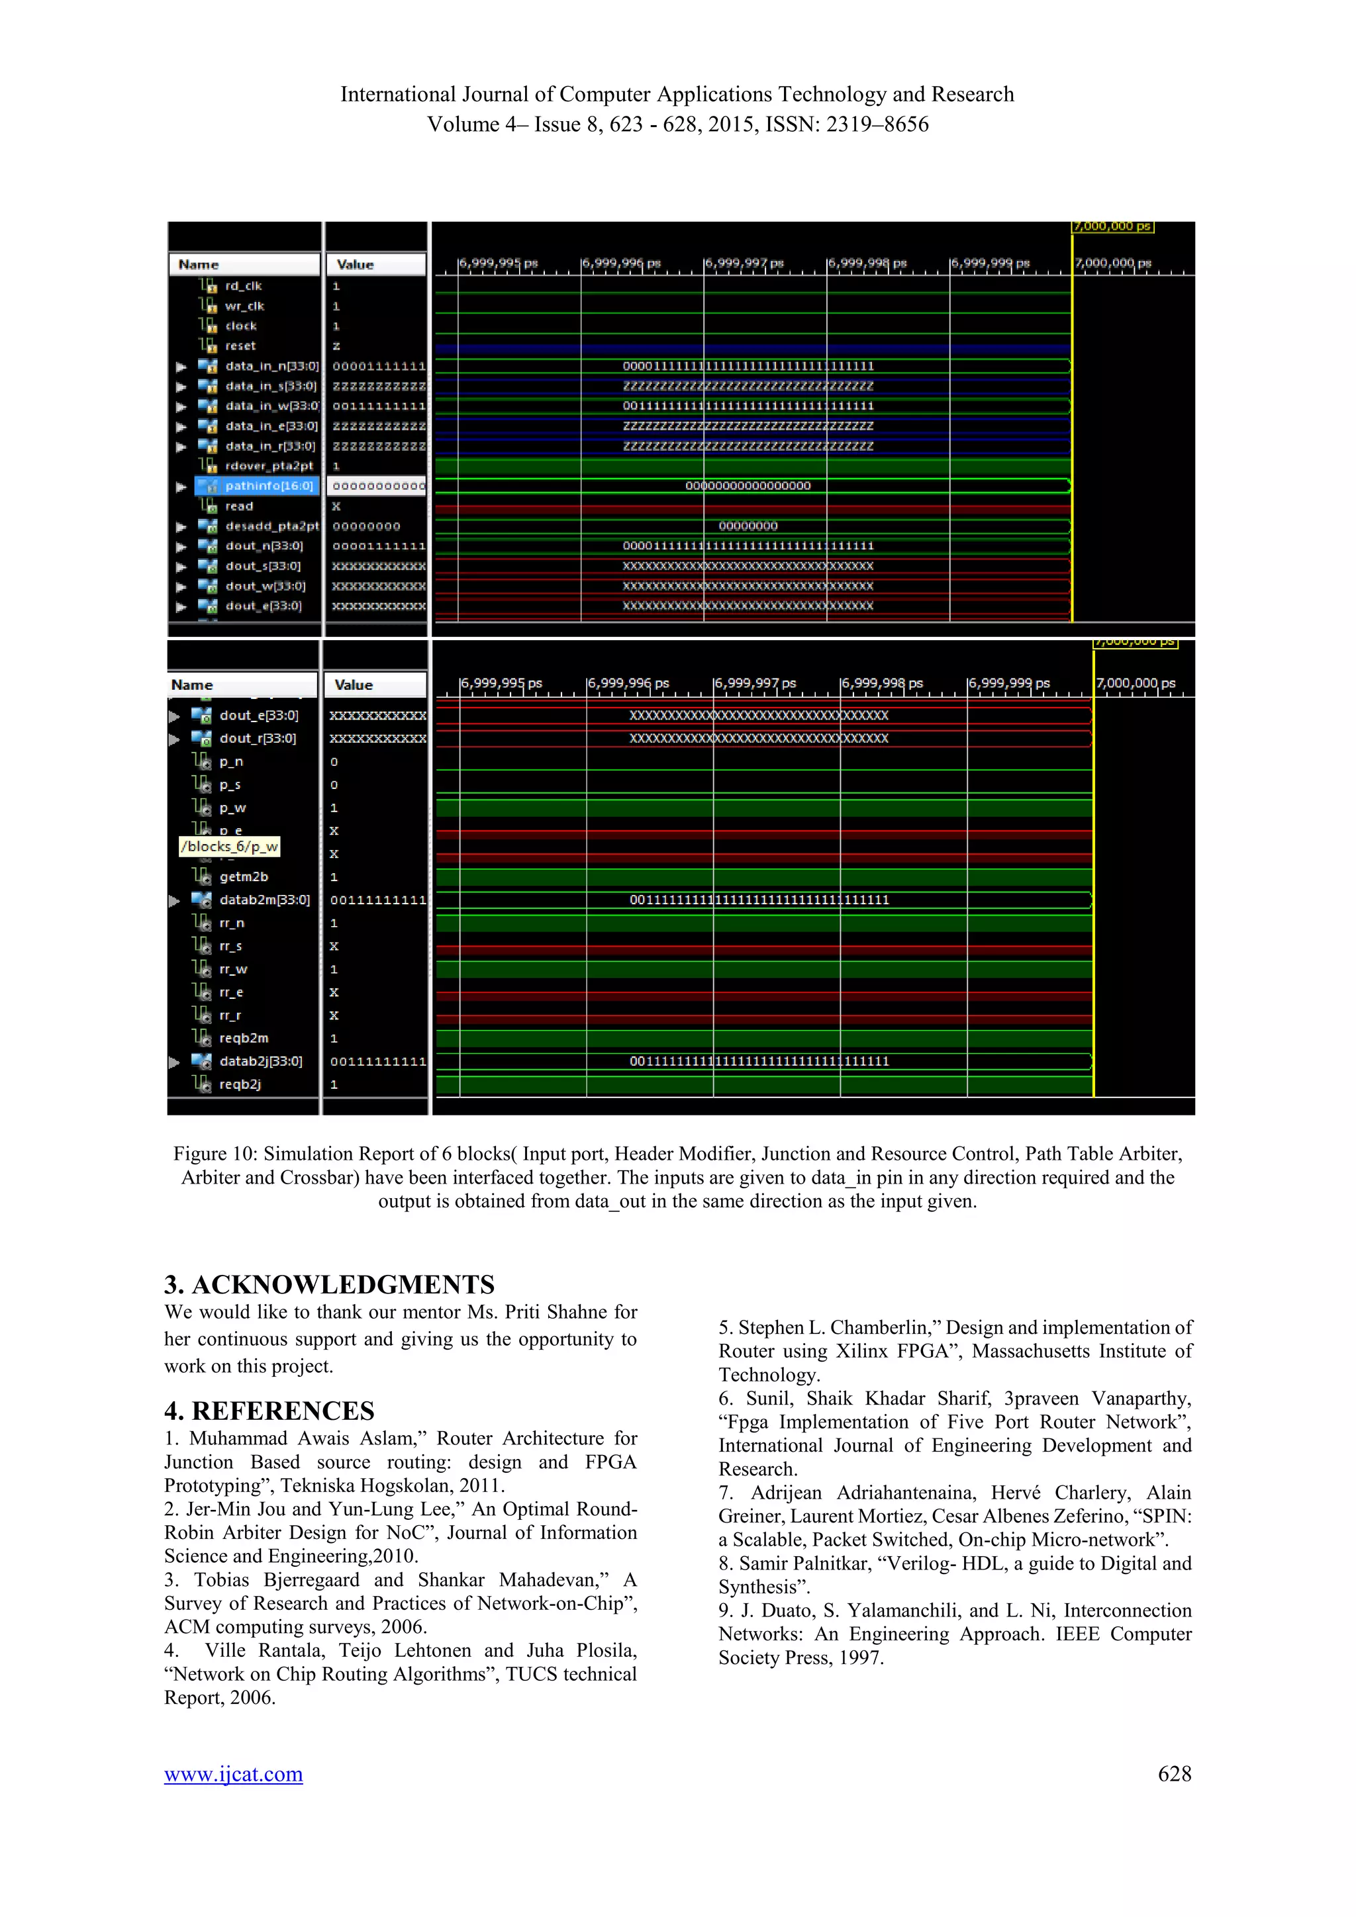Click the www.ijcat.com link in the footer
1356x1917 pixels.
pos(233,1774)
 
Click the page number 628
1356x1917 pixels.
pos(1174,1773)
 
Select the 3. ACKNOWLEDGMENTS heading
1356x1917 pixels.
pos(330,1284)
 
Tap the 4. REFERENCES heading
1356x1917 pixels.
pos(269,1410)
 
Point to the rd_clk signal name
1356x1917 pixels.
pos(243,285)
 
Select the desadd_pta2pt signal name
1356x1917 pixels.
pos(271,526)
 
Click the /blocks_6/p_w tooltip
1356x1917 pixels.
pos(230,847)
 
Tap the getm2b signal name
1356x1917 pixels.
pos(244,876)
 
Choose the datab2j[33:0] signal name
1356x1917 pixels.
pos(260,1061)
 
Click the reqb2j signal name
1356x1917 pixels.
pos(240,1084)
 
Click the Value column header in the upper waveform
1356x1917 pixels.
pos(356,265)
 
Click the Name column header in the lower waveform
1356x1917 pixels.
pos(192,684)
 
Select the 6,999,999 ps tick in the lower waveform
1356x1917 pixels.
pos(1008,683)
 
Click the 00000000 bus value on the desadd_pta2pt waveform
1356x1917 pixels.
pos(748,526)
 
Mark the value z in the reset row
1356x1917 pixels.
pos(336,346)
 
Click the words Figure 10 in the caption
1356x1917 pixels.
pos(215,1154)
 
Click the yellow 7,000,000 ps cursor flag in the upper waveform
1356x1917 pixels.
pos(1112,226)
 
